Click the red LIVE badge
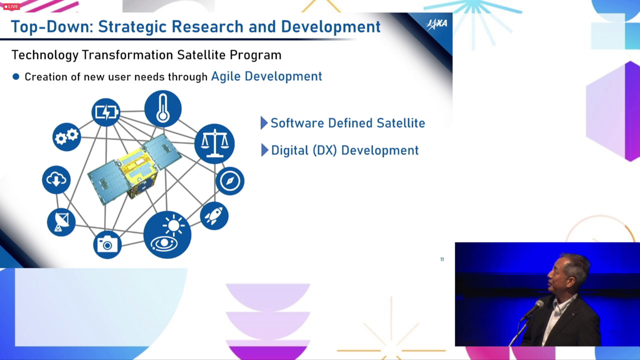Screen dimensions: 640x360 pos(11,6)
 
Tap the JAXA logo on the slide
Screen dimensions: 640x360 pos(436,24)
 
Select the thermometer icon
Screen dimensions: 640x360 pos(163,109)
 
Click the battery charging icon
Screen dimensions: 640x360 pos(106,112)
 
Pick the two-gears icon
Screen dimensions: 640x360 pos(66,137)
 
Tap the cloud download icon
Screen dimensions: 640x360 pos(56,179)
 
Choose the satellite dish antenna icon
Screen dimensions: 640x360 pos(61,222)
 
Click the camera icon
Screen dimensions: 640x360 pos(107,244)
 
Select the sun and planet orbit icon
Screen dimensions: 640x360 pos(167,235)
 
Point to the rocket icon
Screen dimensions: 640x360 pos(214,215)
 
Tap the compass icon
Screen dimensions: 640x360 pos(229,181)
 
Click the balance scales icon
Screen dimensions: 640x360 pos(214,143)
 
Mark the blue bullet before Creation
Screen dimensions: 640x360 pos(16,76)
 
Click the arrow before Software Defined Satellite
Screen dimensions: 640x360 pos(264,123)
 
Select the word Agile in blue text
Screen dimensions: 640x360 pos(225,76)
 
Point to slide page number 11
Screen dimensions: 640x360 pos(442,259)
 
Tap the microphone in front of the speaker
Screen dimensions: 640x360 pos(531,310)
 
